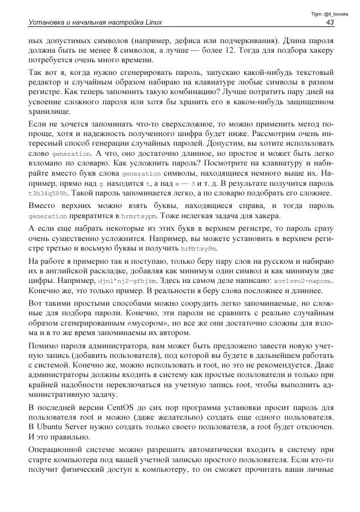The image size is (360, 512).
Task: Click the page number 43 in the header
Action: (x=329, y=22)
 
